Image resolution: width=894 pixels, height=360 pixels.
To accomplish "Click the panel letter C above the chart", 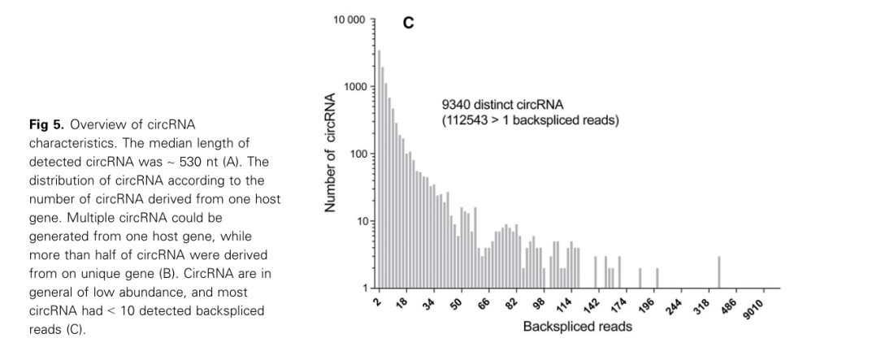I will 408,23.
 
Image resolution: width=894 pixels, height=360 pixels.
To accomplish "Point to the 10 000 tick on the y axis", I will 350,19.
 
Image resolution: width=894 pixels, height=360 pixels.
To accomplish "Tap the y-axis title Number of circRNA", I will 331,154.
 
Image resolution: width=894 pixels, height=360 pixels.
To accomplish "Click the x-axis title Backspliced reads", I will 577,327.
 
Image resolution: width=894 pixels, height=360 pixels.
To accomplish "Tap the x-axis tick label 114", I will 563,304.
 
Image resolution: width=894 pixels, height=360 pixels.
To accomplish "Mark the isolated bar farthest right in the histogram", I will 718,272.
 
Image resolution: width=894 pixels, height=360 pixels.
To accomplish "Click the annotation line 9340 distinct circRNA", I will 495,106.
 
